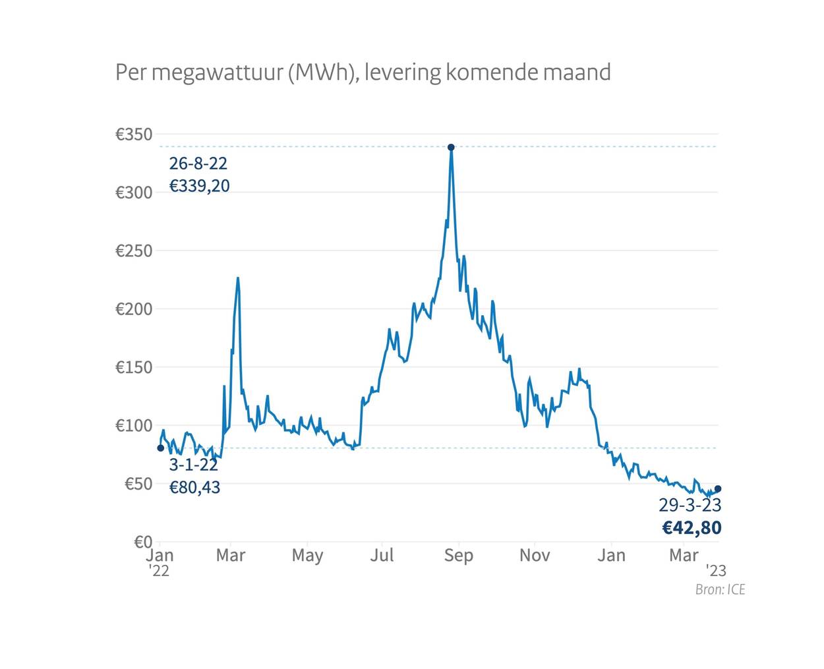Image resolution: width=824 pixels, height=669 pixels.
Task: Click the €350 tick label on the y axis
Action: pos(134,134)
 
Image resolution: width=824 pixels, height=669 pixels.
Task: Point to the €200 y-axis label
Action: pos(134,309)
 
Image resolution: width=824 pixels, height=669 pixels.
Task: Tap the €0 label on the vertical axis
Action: pos(143,542)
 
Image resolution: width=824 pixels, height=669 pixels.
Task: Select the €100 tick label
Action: pos(134,426)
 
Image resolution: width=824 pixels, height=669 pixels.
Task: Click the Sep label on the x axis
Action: pos(459,555)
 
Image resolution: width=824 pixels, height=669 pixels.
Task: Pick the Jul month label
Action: pos(382,555)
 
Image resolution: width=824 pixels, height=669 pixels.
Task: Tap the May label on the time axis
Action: pos(307,555)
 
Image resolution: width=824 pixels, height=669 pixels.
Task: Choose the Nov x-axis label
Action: pos(535,555)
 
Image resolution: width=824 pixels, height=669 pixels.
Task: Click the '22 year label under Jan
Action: pos(159,571)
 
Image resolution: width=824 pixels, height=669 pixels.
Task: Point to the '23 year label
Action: pos(716,571)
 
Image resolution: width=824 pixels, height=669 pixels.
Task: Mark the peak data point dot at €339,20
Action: pos(451,147)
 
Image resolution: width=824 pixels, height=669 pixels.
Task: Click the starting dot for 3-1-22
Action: pos(160,448)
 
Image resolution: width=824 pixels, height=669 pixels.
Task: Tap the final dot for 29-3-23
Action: pos(718,489)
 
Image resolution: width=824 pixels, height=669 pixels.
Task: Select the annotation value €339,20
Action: pos(200,186)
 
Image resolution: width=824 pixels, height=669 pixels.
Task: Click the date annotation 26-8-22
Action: pos(198,163)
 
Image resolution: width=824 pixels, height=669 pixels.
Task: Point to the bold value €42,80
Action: pos(692,528)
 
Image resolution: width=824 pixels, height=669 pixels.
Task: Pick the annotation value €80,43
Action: pos(195,488)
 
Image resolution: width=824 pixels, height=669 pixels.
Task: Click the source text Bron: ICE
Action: pos(720,589)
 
